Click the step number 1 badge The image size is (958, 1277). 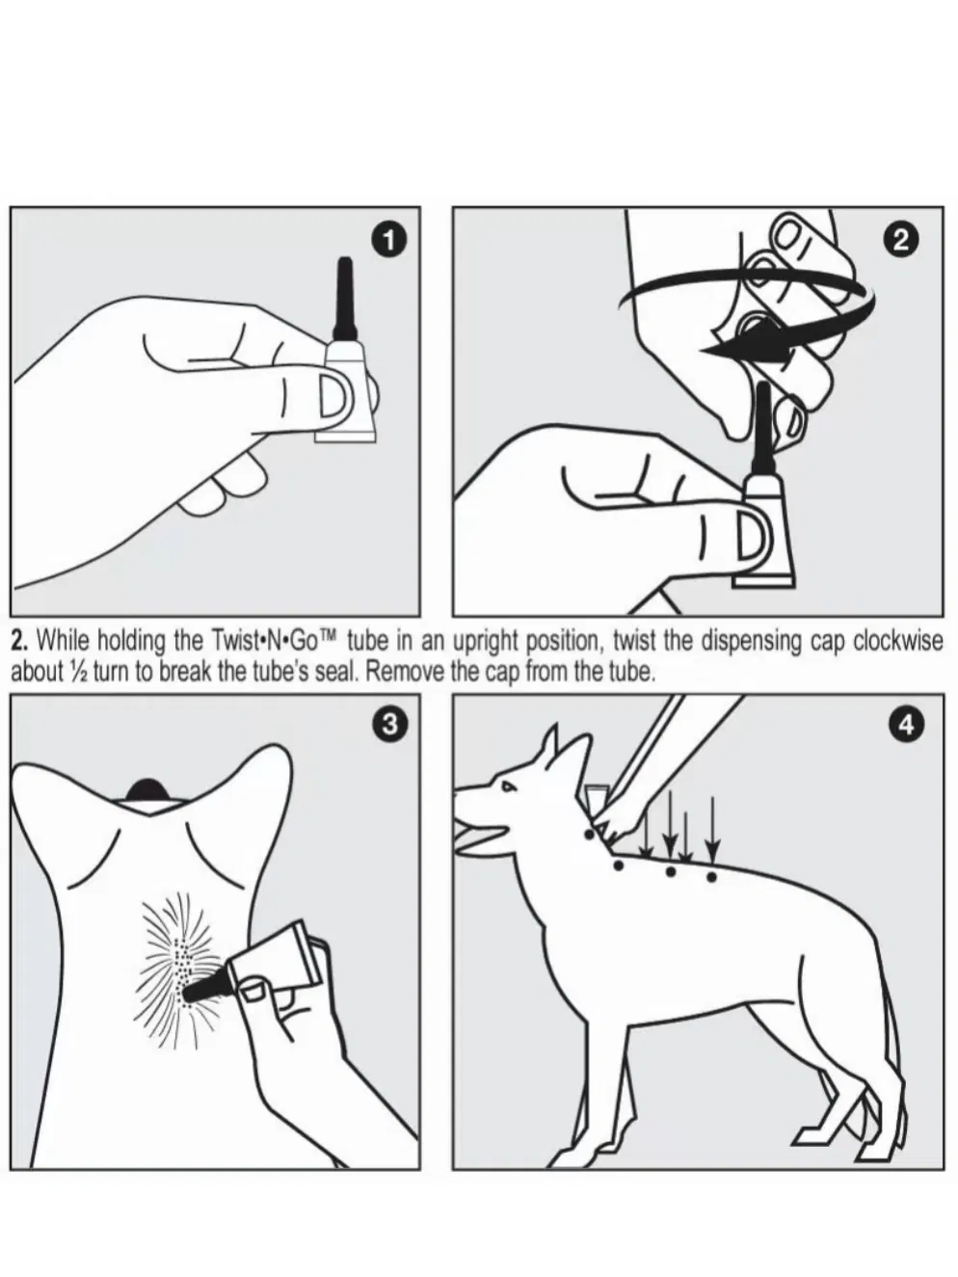pos(389,241)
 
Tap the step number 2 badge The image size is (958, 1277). pos(900,240)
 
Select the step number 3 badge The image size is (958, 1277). pos(389,725)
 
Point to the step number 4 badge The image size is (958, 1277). pos(906,725)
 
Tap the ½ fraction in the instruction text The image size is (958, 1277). pos(77,672)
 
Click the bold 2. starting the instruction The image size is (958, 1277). pos(21,641)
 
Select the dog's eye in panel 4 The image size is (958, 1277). pos(508,786)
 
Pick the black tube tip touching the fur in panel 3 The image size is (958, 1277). pos(203,990)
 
